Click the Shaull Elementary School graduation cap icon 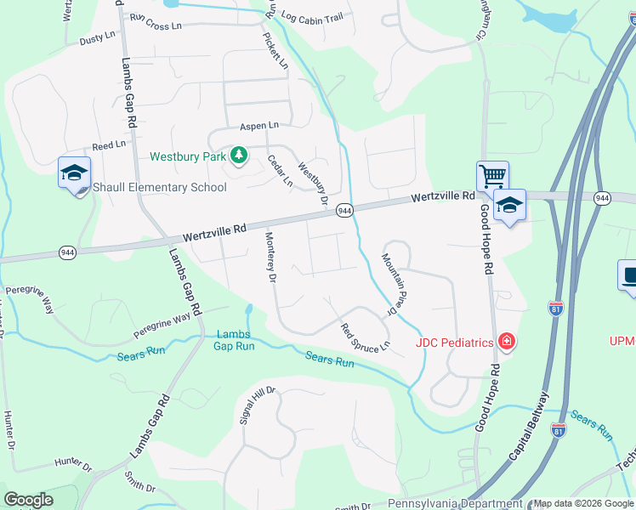click(x=74, y=173)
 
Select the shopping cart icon click(x=492, y=177)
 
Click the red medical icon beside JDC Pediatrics click(x=508, y=342)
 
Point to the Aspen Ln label click(x=258, y=125)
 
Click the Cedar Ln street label click(x=280, y=170)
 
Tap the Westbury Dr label click(x=312, y=184)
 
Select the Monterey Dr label click(x=270, y=258)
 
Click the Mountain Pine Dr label click(x=390, y=285)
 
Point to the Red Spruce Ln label click(x=365, y=337)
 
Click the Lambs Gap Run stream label click(x=234, y=340)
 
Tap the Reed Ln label click(x=109, y=146)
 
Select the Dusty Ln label click(x=96, y=38)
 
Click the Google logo click(x=28, y=499)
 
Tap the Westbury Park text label click(x=188, y=156)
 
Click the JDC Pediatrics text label click(x=455, y=343)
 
